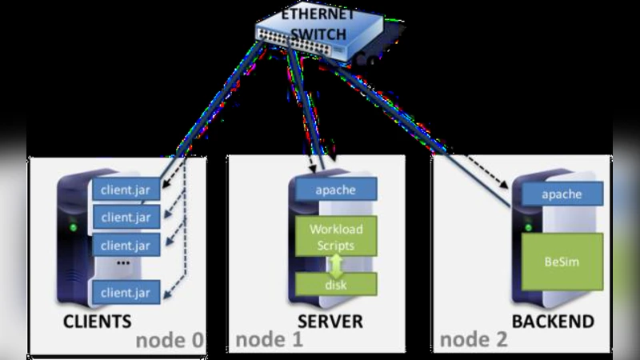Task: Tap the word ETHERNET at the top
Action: click(318, 14)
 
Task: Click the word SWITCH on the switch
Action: click(318, 34)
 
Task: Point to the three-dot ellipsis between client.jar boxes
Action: click(123, 263)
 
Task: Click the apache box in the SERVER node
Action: click(336, 190)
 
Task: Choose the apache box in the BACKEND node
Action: click(561, 194)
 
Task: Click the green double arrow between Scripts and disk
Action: click(337, 263)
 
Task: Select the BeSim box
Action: click(562, 261)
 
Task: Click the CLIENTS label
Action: click(97, 322)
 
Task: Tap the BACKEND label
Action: click(553, 322)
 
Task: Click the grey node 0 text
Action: click(170, 340)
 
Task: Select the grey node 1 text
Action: click(269, 340)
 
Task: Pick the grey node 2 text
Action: click(474, 340)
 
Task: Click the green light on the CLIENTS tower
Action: click(74, 226)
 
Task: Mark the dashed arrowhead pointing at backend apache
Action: click(506, 186)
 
